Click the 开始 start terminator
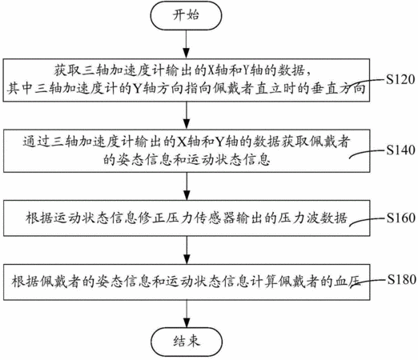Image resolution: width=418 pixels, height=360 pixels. [x=186, y=15]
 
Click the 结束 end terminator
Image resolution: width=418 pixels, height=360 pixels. [x=187, y=342]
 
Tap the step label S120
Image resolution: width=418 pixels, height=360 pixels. [x=400, y=79]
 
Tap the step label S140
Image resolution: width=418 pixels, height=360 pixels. [x=400, y=150]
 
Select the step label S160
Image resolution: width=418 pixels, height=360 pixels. [x=400, y=218]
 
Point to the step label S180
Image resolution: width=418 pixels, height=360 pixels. [x=400, y=279]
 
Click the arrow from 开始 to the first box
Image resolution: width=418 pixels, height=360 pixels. [x=187, y=44]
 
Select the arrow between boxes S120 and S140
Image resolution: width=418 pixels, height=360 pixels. [x=187, y=115]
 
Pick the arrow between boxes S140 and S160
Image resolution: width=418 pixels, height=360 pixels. [x=187, y=186]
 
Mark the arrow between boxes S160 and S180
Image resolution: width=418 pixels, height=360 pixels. [x=187, y=250]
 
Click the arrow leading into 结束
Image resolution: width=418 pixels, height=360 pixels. [x=187, y=314]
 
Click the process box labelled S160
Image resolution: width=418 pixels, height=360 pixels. [x=187, y=218]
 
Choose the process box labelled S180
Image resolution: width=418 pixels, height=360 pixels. [x=187, y=282]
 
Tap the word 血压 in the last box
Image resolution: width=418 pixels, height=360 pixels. [x=348, y=282]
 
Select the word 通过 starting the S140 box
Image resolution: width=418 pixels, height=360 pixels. [x=36, y=142]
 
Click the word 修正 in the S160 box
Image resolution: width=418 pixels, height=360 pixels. [x=152, y=218]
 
